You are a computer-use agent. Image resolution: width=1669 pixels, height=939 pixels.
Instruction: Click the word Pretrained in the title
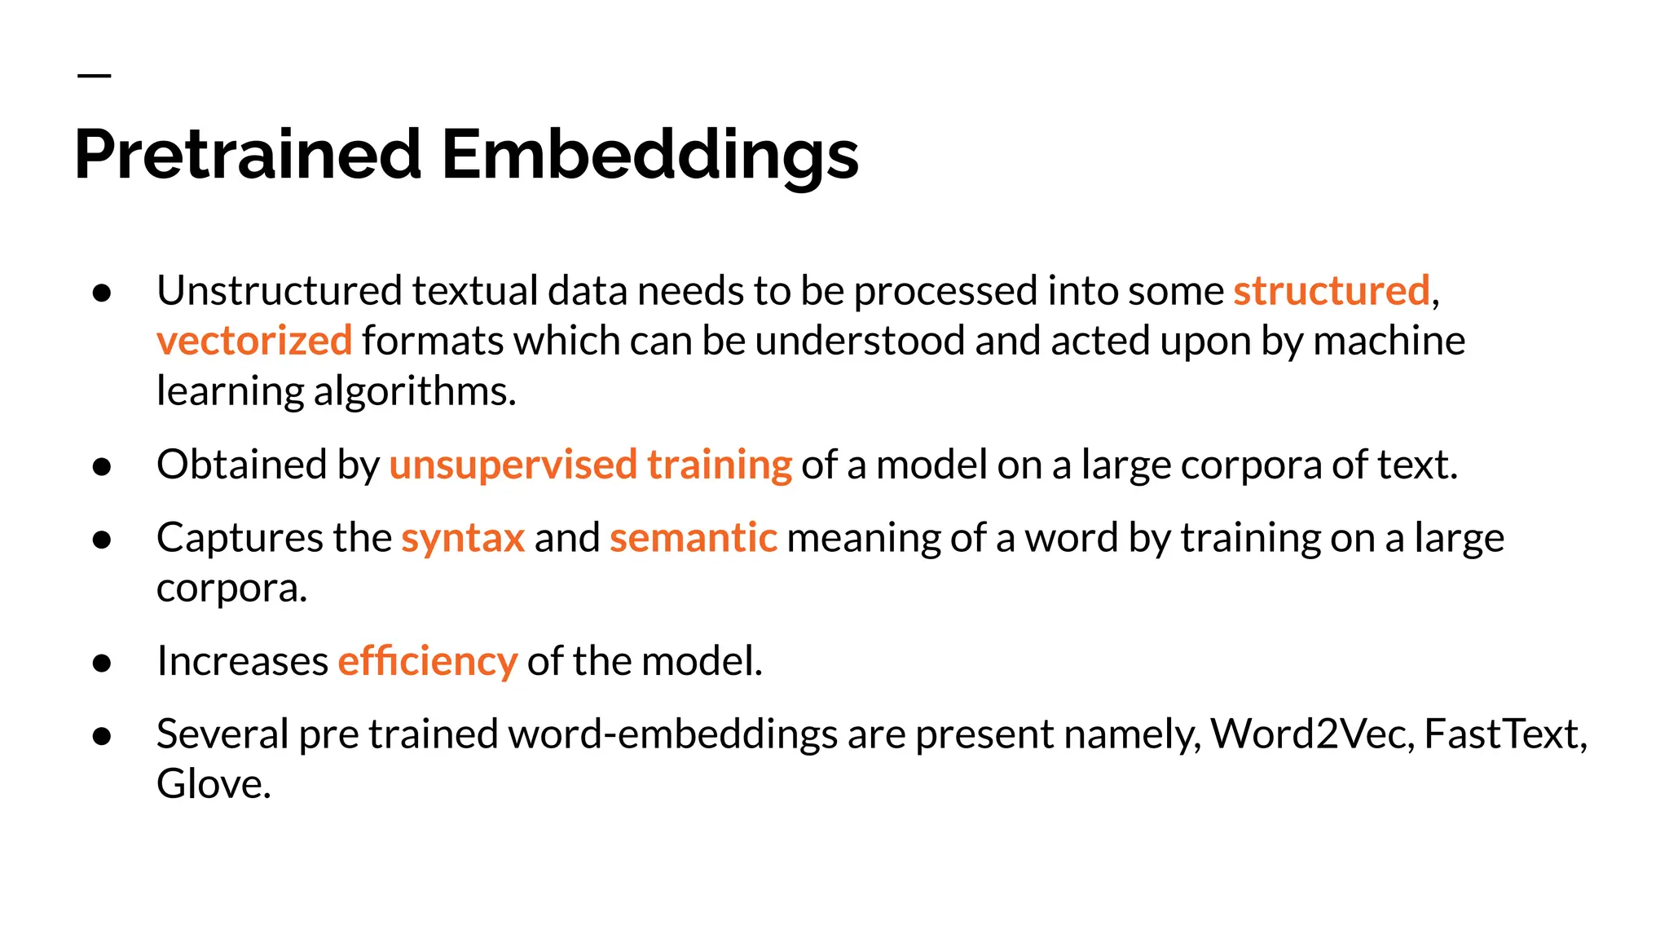248,155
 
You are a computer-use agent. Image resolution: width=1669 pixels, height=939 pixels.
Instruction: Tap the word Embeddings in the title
650,155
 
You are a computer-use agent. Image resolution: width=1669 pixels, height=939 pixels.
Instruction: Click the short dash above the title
95,76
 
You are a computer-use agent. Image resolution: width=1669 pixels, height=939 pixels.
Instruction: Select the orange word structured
1332,291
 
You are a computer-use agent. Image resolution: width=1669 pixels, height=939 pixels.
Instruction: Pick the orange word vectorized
254,341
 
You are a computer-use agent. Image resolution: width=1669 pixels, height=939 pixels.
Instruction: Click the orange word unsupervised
513,465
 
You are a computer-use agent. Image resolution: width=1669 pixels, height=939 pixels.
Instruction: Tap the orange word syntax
463,538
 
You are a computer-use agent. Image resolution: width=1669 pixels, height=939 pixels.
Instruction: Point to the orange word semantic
694,538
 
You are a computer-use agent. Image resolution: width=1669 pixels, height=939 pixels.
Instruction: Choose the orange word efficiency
428,661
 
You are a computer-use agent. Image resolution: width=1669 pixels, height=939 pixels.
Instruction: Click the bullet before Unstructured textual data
102,293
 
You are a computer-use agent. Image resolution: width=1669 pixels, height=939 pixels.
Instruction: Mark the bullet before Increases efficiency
102,663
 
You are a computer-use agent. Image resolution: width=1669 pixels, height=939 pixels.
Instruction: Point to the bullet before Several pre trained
102,737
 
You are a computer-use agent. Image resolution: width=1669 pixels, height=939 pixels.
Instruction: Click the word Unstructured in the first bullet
280,291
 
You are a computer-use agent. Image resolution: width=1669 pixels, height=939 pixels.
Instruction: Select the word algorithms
414,392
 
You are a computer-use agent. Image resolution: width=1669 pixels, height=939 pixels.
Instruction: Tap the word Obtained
242,465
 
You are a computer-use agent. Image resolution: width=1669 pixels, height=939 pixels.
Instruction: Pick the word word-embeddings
673,734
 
